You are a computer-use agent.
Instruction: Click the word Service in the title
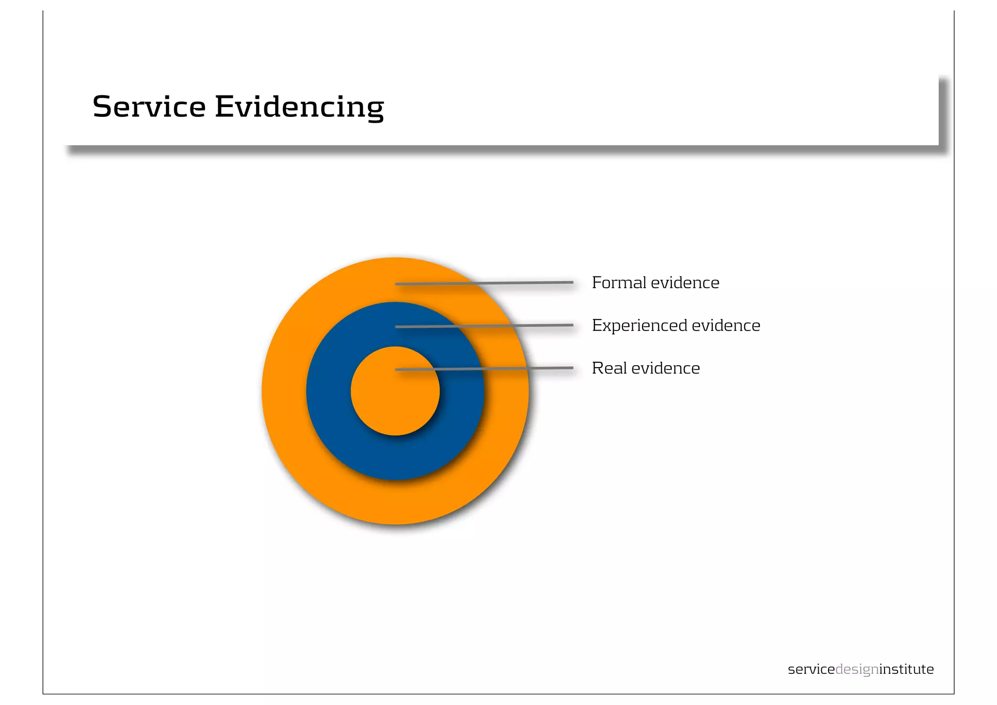[149, 107]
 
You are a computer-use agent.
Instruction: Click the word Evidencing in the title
[299, 108]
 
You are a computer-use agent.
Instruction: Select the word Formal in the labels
[619, 282]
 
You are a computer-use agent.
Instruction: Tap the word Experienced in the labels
[639, 326]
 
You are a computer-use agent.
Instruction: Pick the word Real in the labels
[609, 368]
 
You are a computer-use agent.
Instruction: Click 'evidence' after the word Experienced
[726, 325]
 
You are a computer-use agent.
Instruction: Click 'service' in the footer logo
[811, 669]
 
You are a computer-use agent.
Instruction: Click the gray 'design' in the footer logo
[857, 670]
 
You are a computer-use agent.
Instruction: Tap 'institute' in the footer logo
[906, 669]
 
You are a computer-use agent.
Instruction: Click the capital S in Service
[103, 107]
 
